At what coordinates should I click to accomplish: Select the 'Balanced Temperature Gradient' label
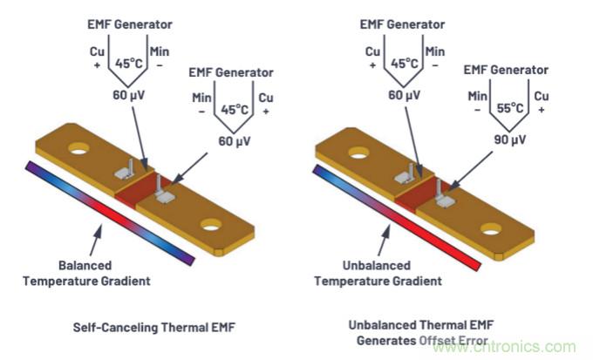tap(104, 274)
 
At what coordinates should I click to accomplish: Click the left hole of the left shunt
tap(78, 148)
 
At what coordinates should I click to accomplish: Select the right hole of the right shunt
tap(491, 229)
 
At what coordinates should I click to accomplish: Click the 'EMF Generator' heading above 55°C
tap(508, 69)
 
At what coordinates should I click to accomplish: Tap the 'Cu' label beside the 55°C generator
tap(542, 95)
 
